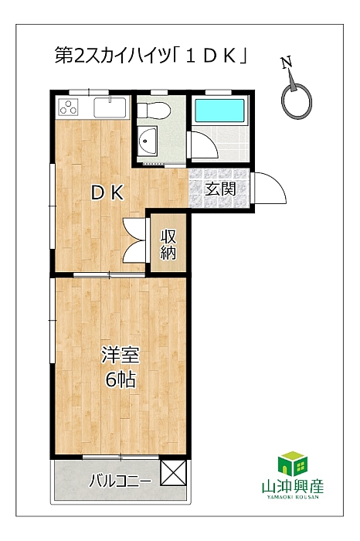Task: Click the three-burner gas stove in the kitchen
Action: pos(68,107)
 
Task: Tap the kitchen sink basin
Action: pos(110,107)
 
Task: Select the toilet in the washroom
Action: pos(154,111)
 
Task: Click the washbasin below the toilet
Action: pos(148,141)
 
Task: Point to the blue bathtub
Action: pos(220,111)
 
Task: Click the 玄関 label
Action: pos(220,189)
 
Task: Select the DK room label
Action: pos(107,193)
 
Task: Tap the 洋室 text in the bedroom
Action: pos(121,356)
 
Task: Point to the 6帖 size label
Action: pos(121,380)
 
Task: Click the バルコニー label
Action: pos(121,481)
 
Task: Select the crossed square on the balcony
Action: pos(174,473)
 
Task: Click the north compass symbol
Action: pos(296,100)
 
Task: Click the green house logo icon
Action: pos(293,464)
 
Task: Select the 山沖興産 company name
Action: pos(293,486)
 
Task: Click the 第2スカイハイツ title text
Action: pos(113,55)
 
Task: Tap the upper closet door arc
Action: pos(133,229)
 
